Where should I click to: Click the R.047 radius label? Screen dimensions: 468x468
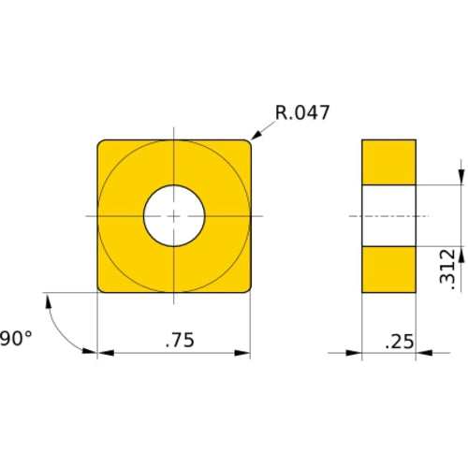tap(302, 114)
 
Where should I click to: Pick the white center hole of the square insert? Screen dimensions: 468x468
tap(174, 216)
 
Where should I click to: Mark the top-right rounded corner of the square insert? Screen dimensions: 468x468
tap(246, 143)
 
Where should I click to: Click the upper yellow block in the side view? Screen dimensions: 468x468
tap(388, 161)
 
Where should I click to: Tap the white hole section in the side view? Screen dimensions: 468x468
tap(388, 215)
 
